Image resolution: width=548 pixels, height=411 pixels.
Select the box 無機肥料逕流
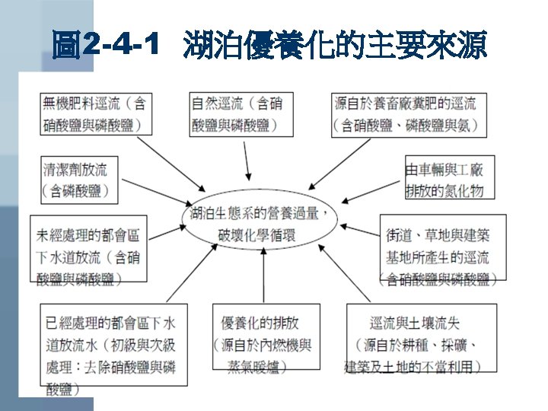[x=94, y=113]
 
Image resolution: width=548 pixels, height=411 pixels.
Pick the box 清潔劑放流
[x=78, y=180]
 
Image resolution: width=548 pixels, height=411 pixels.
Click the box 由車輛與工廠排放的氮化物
[x=444, y=180]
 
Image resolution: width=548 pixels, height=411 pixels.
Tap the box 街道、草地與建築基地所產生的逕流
[x=440, y=247]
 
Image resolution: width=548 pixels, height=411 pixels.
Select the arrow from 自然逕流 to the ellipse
[x=247, y=158]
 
